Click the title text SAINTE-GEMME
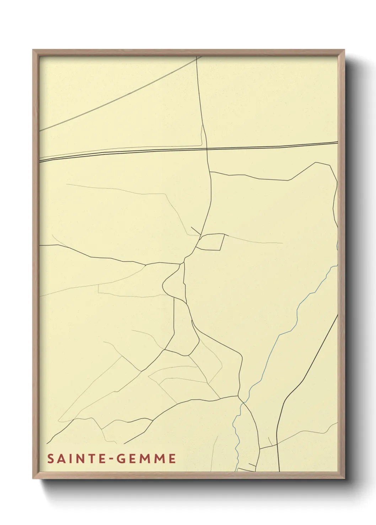pyautogui.click(x=112, y=459)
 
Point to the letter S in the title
pyautogui.click(x=50, y=459)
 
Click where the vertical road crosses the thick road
pyautogui.click(x=207, y=149)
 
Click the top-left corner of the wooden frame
pyautogui.click(x=33, y=50)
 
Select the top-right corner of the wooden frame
pyautogui.click(x=344, y=50)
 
